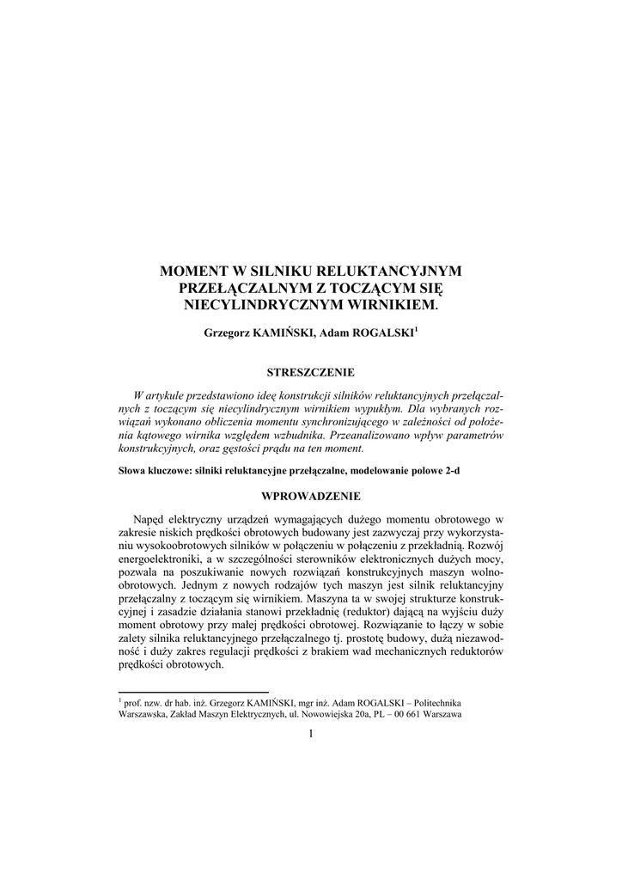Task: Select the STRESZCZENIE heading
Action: [x=310, y=372]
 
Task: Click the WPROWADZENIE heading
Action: [x=310, y=496]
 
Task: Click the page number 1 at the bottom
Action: [x=310, y=733]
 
